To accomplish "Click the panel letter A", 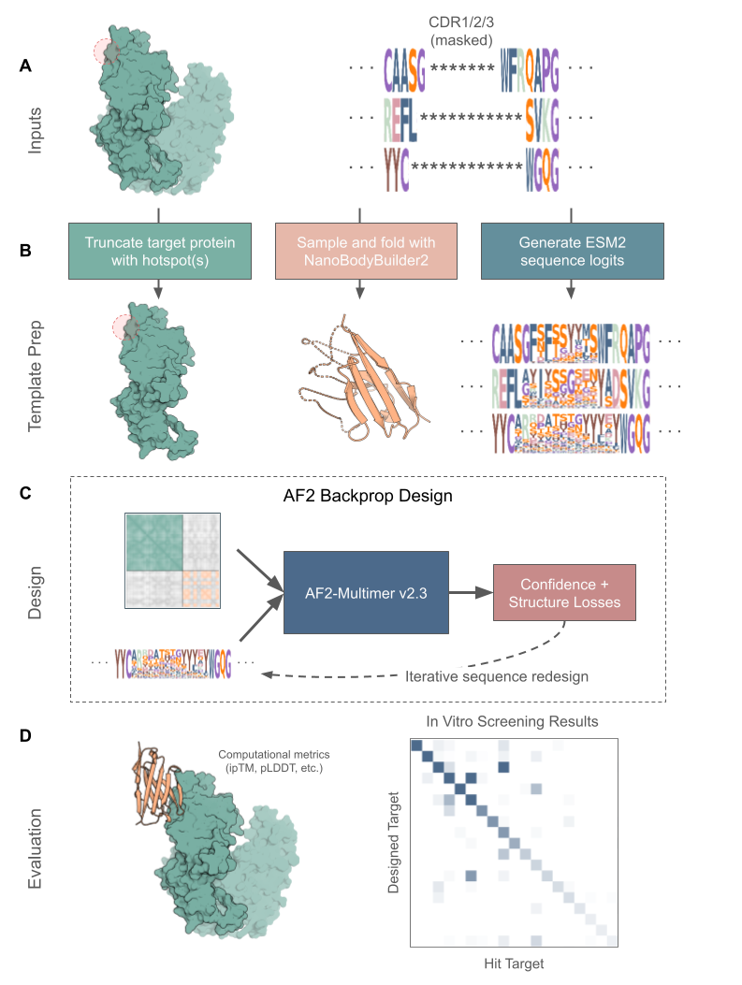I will tap(25, 66).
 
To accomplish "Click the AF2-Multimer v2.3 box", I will tap(366, 593).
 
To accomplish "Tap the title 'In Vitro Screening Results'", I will tap(513, 722).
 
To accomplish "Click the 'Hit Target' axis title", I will tap(515, 962).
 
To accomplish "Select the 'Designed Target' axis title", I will tap(394, 842).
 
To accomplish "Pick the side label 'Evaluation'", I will tap(36, 847).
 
